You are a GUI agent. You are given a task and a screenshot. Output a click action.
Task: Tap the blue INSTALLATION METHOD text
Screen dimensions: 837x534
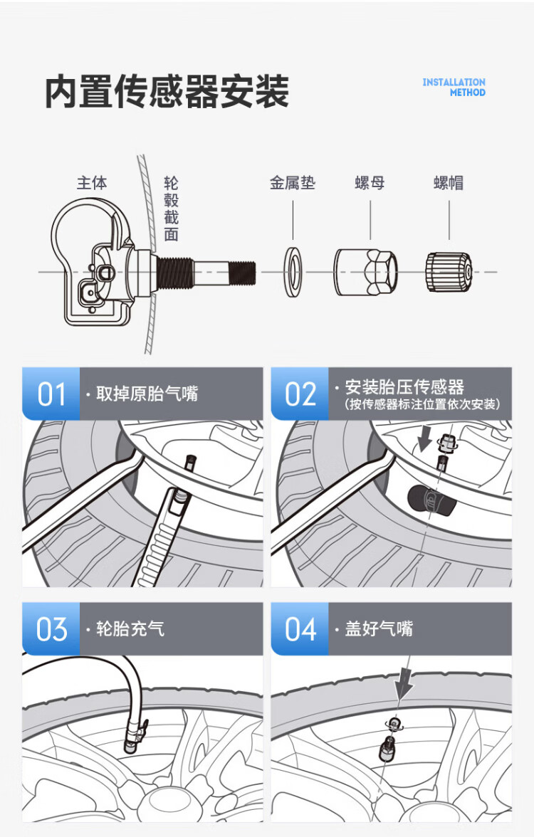[x=454, y=87]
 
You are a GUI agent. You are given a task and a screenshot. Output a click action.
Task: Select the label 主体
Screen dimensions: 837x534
[x=92, y=183]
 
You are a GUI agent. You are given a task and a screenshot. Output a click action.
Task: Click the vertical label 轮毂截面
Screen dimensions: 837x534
[x=171, y=209]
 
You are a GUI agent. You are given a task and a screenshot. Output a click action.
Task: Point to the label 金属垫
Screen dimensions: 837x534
[x=292, y=183]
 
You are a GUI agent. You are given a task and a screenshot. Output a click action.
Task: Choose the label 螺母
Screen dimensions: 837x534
[x=370, y=183]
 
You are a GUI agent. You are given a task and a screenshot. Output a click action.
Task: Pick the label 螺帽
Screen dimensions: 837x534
[x=449, y=183]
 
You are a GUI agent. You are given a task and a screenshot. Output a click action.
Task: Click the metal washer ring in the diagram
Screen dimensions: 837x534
[x=293, y=273]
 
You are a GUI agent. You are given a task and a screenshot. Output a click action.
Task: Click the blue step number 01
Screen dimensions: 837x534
[x=51, y=394]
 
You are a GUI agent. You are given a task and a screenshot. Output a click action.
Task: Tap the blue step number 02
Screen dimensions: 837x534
[x=300, y=394]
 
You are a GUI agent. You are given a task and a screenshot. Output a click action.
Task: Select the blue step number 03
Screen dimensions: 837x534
[x=51, y=629]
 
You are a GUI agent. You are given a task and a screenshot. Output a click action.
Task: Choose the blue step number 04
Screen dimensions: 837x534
[x=300, y=629]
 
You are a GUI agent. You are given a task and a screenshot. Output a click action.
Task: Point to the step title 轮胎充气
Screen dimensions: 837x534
[x=130, y=629]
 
